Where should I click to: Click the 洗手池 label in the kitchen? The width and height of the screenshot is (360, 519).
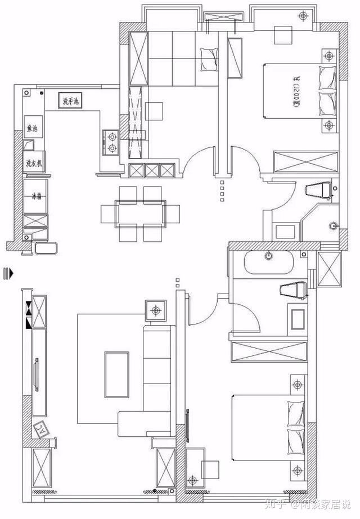[x=71, y=102]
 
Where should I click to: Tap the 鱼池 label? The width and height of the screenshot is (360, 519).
[x=31, y=129]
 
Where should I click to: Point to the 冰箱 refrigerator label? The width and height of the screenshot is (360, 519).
[x=36, y=197]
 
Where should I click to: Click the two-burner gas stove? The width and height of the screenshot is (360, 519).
[x=111, y=142]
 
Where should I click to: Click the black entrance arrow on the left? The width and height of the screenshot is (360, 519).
[x=7, y=273]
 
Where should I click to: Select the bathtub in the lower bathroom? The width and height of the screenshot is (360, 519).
[x=271, y=262]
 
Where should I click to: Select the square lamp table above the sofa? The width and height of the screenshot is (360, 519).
[x=156, y=310]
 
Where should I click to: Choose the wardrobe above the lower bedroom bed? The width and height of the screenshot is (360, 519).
[x=269, y=351]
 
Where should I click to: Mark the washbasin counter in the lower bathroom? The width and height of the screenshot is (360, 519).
[x=296, y=318]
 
